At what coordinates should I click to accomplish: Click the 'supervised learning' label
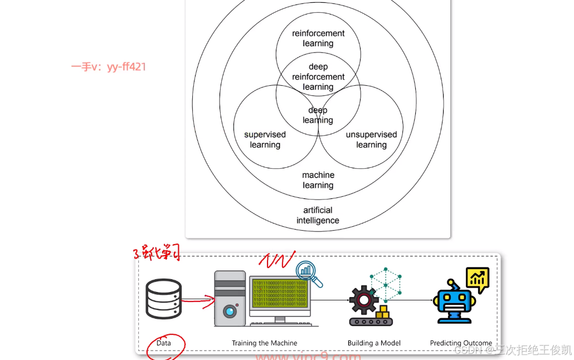[265, 140]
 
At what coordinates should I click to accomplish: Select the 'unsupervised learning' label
[371, 140]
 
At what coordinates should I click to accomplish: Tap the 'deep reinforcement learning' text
[318, 77]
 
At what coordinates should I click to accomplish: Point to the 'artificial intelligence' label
[318, 215]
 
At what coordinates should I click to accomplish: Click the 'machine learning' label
[318, 180]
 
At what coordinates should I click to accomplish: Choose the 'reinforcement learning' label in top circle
[318, 38]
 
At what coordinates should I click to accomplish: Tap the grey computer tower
[230, 299]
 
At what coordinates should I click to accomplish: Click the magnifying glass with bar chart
[308, 274]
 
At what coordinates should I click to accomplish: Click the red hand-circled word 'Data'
[164, 343]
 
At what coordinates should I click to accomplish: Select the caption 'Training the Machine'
[265, 343]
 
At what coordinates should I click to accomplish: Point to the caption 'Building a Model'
[374, 343]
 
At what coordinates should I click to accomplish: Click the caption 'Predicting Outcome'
[461, 343]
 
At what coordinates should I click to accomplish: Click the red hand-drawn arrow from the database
[198, 301]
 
